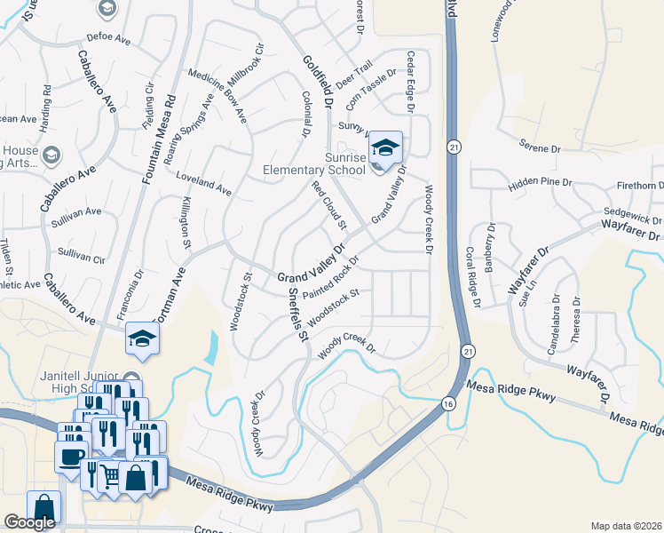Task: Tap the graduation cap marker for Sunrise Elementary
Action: tap(385, 147)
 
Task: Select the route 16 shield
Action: tap(447, 404)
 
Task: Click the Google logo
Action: tap(29, 522)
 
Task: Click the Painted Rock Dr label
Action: tap(330, 282)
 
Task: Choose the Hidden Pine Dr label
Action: tap(541, 184)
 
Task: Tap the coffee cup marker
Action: tap(71, 457)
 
